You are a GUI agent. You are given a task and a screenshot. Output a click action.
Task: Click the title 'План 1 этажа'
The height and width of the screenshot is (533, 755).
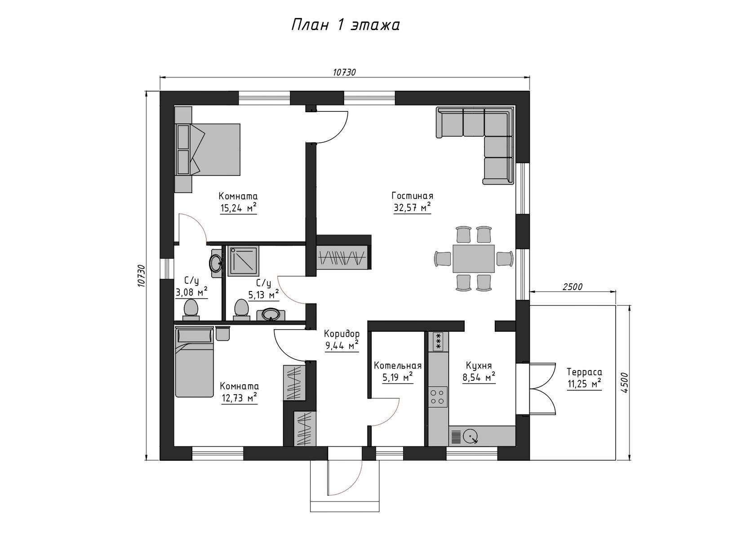point(346,25)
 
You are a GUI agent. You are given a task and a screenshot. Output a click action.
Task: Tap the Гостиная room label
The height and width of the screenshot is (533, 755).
point(412,196)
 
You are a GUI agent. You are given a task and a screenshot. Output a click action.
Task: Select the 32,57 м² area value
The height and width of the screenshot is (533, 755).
point(412,208)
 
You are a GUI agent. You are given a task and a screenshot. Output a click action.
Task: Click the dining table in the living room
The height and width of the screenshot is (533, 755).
point(474,259)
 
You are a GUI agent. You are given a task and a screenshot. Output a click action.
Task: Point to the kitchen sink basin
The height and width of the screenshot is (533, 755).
point(471,437)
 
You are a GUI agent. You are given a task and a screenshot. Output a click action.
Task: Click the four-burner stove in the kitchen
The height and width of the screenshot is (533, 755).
point(438,396)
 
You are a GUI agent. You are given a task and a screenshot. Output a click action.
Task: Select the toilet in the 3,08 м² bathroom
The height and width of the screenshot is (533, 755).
point(191,309)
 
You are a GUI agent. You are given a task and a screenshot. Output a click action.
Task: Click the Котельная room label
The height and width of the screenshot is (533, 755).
point(398,366)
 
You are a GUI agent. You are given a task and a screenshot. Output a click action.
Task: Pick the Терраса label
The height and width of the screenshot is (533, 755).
point(584,372)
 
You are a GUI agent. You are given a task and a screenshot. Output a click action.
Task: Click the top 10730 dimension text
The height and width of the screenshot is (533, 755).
point(344,72)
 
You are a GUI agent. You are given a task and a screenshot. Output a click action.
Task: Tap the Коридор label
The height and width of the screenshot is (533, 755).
point(342,334)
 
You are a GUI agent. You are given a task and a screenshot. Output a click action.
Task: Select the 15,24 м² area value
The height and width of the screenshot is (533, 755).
point(238,208)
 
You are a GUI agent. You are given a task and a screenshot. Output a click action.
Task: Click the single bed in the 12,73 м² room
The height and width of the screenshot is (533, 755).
point(195,362)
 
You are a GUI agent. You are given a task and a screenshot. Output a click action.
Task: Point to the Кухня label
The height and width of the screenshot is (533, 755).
point(479,366)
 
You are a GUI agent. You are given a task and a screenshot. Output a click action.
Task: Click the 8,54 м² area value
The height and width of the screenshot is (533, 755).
point(479,378)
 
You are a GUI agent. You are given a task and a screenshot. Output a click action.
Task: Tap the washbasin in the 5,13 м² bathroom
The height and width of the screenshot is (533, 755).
point(271,315)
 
